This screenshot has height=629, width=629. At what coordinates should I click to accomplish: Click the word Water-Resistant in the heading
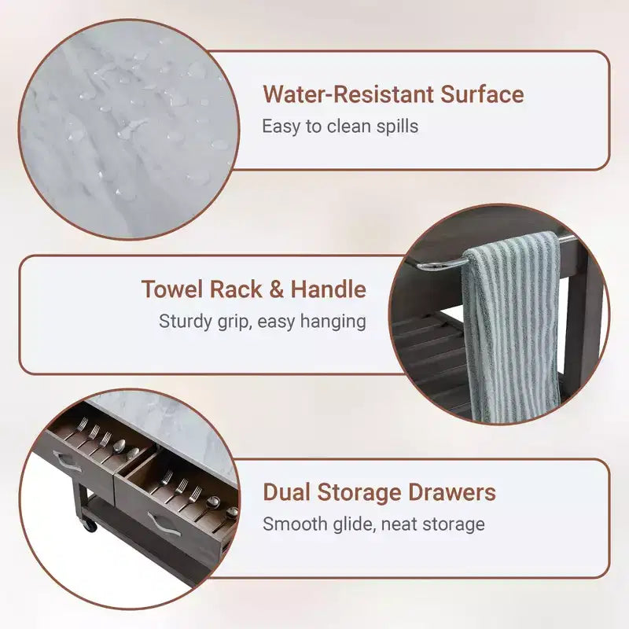[x=348, y=94]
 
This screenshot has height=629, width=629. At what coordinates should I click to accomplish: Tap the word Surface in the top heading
[x=482, y=94]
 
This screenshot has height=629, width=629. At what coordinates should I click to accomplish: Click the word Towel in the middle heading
[x=172, y=289]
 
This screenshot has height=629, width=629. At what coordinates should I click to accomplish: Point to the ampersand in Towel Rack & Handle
[x=277, y=289]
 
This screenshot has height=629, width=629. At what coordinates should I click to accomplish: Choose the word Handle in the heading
[x=328, y=289]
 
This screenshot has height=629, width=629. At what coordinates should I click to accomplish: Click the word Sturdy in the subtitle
[x=185, y=322]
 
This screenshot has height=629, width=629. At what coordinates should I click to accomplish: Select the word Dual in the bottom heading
[x=286, y=492]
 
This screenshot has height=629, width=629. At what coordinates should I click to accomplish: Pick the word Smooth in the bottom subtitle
[x=294, y=524]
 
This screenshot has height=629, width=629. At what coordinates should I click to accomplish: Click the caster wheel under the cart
[x=90, y=524]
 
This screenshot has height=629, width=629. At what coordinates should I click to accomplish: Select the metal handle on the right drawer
[x=164, y=524]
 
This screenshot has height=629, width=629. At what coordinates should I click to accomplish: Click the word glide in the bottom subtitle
[x=353, y=524]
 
